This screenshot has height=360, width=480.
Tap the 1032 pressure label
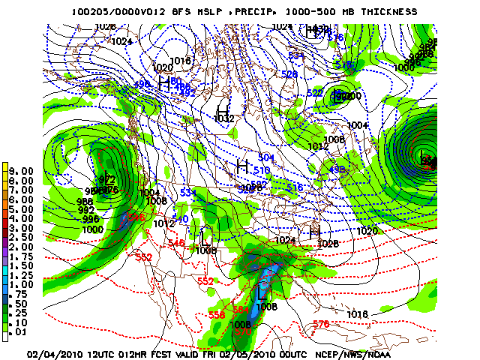pyautogui.click(x=224, y=118)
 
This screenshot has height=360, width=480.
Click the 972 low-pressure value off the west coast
pyautogui.click(x=106, y=179)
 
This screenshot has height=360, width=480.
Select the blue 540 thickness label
pyautogui.click(x=181, y=219)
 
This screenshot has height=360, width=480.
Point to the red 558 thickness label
pyautogui.click(x=217, y=315)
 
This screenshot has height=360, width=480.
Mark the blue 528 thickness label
pyautogui.click(x=289, y=74)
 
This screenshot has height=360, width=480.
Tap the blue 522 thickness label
pyautogui.click(x=315, y=92)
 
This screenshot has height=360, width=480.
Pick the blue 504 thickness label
pyautogui.click(x=266, y=157)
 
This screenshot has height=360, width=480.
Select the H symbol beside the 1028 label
pyautogui.click(x=314, y=233)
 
